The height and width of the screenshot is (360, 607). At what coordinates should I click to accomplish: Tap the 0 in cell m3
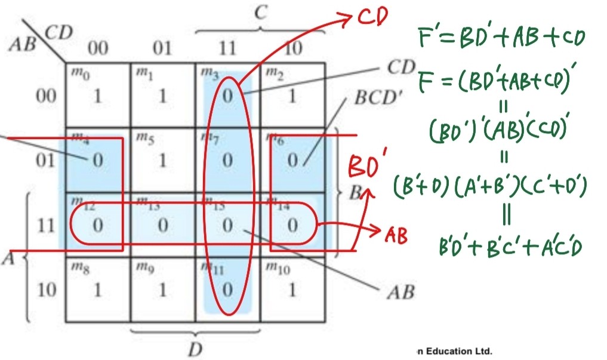click(x=227, y=96)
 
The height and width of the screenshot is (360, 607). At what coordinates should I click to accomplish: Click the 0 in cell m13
click(x=162, y=226)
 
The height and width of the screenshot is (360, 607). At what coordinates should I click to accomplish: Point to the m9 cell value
click(x=162, y=290)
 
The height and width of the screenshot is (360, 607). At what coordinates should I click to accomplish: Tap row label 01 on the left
click(x=45, y=160)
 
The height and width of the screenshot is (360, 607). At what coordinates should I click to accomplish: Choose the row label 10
click(x=45, y=290)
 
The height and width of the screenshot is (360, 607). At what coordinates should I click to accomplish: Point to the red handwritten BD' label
click(x=366, y=165)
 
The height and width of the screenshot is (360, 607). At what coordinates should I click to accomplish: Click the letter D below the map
click(x=195, y=349)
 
